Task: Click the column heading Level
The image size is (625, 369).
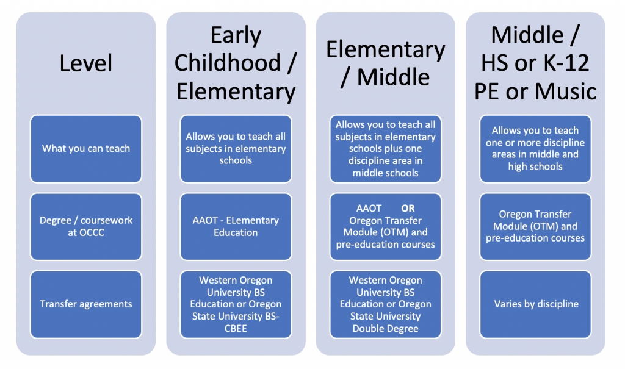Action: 85,62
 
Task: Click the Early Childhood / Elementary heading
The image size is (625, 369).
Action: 236,63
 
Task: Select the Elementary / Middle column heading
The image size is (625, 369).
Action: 385,63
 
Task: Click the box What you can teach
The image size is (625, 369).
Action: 85,148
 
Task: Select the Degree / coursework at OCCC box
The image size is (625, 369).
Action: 85,226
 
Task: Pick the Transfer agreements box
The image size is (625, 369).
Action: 85,304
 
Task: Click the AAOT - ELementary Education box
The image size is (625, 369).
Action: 236,226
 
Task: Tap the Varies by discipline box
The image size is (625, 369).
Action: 535,304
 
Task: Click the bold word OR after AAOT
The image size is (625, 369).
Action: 408,208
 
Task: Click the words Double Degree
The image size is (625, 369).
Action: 385,328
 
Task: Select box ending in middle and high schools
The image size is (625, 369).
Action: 535,148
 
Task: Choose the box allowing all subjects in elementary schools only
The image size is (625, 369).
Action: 236,148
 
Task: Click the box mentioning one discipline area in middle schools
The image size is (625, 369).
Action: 385,148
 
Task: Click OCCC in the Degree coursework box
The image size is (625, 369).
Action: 85,232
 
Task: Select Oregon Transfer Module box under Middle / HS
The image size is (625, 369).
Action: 535,226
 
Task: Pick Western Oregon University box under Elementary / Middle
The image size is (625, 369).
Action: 385,304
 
